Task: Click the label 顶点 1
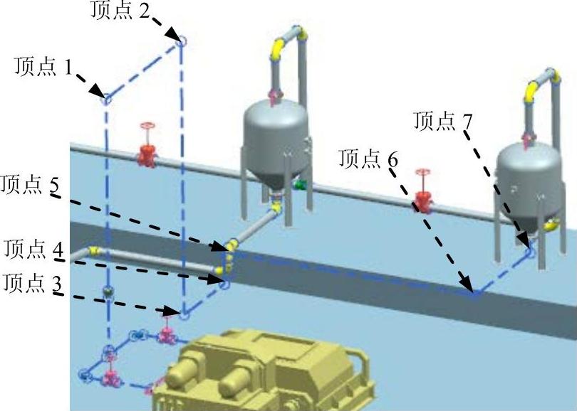click(x=43, y=68)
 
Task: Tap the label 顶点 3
click(x=33, y=283)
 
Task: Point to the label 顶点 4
click(x=34, y=250)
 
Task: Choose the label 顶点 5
click(x=31, y=186)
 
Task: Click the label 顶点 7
click(x=443, y=121)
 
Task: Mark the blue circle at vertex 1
click(x=106, y=99)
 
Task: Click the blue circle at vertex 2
click(x=181, y=41)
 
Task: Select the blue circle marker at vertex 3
click(x=184, y=312)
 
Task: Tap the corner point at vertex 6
click(x=474, y=292)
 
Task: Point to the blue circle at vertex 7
click(x=529, y=248)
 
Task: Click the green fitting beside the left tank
click(x=300, y=185)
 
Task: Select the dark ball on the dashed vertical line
click(x=108, y=292)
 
